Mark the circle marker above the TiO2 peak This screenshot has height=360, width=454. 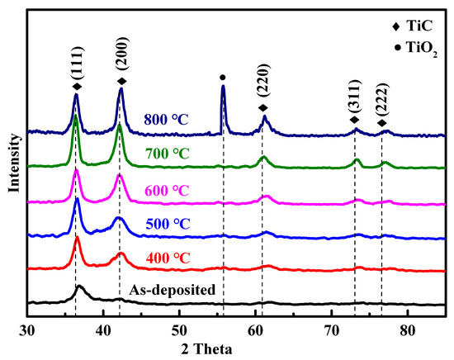(x=223, y=78)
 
